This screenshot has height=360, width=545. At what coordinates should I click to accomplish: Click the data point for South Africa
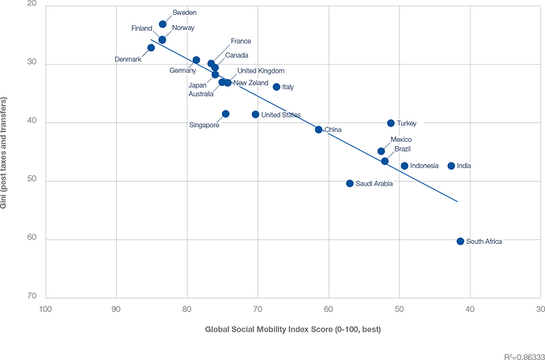(460, 242)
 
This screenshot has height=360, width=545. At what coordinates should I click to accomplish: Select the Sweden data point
(163, 24)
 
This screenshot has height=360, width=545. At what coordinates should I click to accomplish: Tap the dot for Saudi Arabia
(350, 183)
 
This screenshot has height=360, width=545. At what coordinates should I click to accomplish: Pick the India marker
(451, 166)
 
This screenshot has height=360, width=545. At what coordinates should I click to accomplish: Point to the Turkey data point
(391, 123)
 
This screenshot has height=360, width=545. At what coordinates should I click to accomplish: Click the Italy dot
(276, 87)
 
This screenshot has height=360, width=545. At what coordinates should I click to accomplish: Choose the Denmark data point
(151, 48)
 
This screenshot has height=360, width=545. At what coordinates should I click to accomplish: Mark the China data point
(319, 129)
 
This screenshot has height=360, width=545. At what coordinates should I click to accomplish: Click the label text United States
(280, 115)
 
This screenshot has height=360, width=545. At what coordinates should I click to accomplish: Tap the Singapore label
(204, 125)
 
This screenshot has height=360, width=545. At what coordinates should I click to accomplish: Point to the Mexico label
(401, 140)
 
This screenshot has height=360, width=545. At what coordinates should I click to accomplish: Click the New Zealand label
(251, 83)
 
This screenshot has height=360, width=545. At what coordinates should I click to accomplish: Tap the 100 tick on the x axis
(45, 309)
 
